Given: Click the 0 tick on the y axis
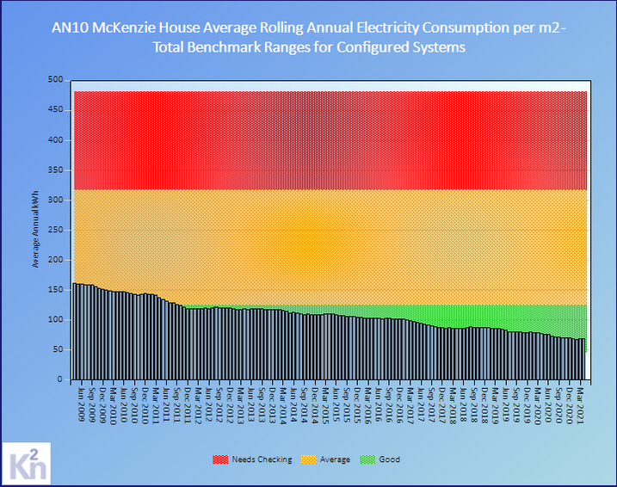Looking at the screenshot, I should pos(59,379).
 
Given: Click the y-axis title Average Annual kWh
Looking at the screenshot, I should pos(35,230).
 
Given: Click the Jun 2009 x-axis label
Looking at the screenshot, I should pos(82,402).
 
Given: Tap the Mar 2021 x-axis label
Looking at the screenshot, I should pos(581,402).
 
